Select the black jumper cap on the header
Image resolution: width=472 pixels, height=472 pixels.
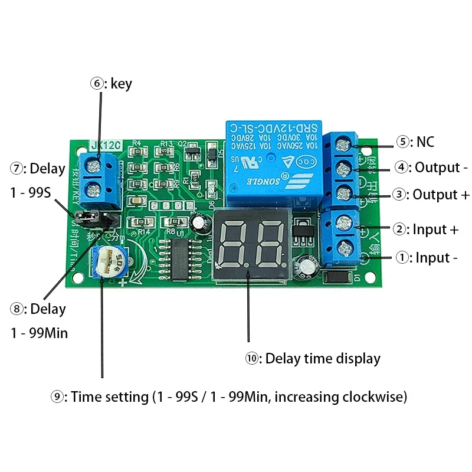tap(87, 219)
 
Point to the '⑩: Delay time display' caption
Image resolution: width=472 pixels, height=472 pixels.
tap(313, 358)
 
